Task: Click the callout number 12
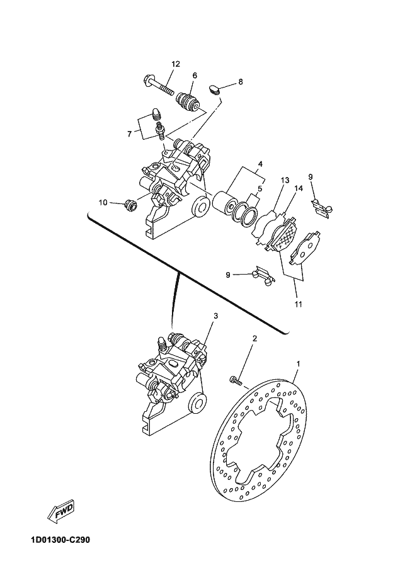176,64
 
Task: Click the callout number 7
130,134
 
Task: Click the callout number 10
103,202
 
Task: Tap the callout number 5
260,189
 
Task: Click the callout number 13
285,180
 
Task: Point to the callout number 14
299,188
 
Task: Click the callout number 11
298,304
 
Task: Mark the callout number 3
215,316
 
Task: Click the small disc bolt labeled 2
236,380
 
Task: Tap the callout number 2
255,338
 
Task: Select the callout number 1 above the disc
298,364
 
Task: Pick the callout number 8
241,82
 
